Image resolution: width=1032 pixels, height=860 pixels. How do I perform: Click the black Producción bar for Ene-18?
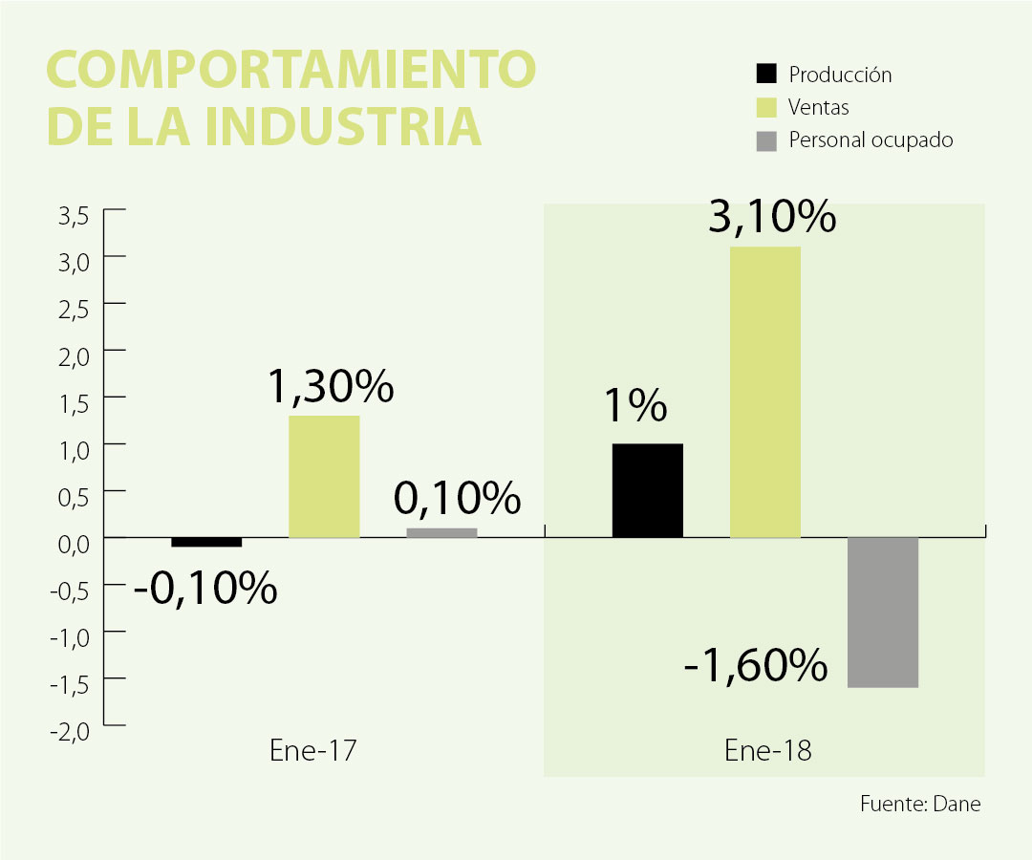point(647,490)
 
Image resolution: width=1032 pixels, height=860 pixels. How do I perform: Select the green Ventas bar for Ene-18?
point(764,392)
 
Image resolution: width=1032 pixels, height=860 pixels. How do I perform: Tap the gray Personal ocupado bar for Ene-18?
point(882,612)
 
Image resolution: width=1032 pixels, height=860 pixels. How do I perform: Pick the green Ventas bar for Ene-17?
point(324,476)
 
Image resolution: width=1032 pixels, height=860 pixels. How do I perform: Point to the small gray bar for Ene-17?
point(441,532)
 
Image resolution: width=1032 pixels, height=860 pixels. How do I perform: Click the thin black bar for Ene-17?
point(206,542)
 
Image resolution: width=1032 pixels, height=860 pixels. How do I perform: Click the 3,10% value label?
point(772,219)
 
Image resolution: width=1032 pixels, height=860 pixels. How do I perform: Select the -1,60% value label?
point(756,665)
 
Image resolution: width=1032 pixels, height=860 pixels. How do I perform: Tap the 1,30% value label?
point(330,386)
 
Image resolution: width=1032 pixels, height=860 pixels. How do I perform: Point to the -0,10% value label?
point(205,588)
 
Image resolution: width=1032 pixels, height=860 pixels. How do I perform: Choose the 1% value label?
point(634,407)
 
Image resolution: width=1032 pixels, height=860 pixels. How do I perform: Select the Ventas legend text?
point(819,107)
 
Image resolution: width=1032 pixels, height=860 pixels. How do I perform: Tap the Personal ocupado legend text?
point(871,140)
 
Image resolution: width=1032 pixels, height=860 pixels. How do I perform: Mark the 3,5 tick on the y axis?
point(74,215)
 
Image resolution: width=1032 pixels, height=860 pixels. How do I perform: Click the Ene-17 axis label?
point(313,751)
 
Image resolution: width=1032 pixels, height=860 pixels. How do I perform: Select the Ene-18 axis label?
point(767,751)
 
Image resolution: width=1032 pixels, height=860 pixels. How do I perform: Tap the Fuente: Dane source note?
point(919,804)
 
